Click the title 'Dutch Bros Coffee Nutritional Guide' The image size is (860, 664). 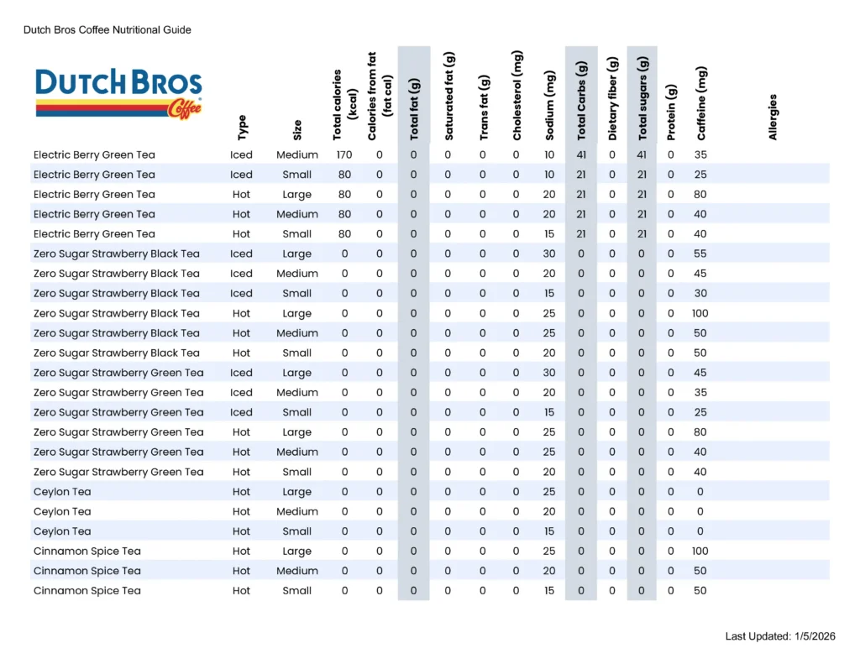click(107, 30)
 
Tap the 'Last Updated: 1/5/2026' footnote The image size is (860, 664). click(780, 636)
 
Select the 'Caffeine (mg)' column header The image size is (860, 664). click(701, 102)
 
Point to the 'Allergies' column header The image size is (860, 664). click(773, 117)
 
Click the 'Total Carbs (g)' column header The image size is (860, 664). click(581, 101)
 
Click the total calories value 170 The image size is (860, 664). click(344, 154)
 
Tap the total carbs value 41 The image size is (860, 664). click(581, 154)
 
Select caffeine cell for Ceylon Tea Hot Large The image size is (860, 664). click(700, 491)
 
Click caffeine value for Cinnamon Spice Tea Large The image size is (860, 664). click(700, 551)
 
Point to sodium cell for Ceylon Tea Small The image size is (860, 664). click(549, 531)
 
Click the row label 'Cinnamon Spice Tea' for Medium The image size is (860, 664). click(87, 571)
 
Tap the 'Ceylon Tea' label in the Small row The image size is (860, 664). click(62, 531)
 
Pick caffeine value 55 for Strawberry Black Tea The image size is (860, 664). click(700, 254)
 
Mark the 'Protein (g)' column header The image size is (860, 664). click(670, 112)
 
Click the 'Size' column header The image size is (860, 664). click(297, 130)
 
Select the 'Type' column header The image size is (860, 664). click(242, 128)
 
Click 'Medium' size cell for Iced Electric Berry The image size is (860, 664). click(297, 154)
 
